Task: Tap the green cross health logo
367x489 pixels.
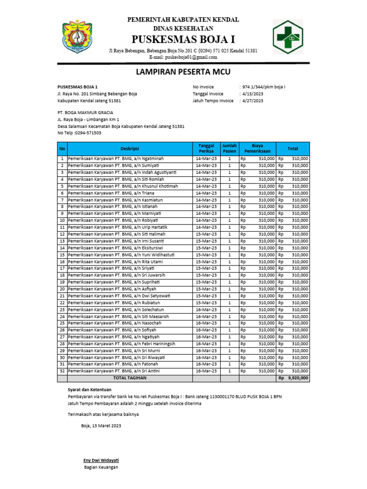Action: point(288,37)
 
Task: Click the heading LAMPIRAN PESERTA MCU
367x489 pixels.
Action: point(183,72)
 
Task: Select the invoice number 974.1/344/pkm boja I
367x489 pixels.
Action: point(264,87)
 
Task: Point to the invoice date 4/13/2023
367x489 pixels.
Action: point(252,94)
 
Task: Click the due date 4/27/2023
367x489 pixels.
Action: point(252,101)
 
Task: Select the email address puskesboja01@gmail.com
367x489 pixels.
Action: point(191,57)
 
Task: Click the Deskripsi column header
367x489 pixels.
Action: point(130,149)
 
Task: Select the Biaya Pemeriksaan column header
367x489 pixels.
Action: point(257,149)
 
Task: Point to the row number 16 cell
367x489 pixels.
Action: point(62,262)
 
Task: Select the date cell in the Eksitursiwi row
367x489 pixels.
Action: point(206,248)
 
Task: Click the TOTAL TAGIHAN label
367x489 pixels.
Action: point(130,378)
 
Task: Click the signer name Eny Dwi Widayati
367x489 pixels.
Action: point(101,460)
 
